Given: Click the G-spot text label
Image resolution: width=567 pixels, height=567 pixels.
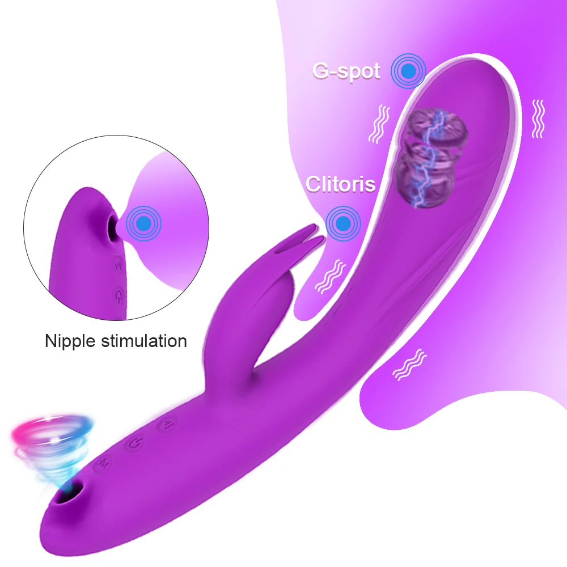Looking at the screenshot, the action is pos(346,72).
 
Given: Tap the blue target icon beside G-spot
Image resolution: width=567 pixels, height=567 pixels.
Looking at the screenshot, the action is pos(407,71).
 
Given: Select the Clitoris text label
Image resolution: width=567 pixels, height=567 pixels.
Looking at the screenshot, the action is pos(341,184).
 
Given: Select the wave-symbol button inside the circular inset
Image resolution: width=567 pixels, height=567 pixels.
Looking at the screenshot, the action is pos(117,265).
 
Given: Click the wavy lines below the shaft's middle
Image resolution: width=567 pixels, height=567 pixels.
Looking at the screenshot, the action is pos(410,363).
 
